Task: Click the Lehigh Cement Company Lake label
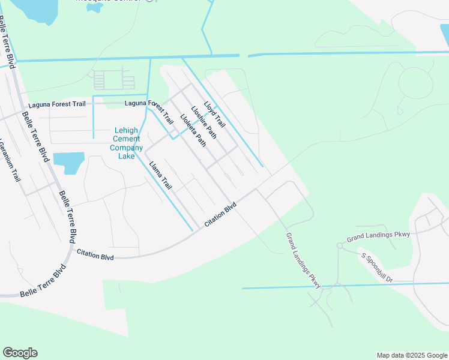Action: click(127, 143)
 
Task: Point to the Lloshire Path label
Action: click(203, 122)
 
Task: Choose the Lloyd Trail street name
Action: click(214, 114)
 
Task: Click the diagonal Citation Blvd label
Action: click(220, 214)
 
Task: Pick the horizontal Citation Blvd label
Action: click(95, 255)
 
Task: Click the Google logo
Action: click(20, 353)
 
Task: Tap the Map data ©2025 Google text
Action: click(412, 355)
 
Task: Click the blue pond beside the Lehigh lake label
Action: click(68, 162)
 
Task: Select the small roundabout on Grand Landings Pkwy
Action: click(339, 245)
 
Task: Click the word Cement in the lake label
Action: click(127, 139)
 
